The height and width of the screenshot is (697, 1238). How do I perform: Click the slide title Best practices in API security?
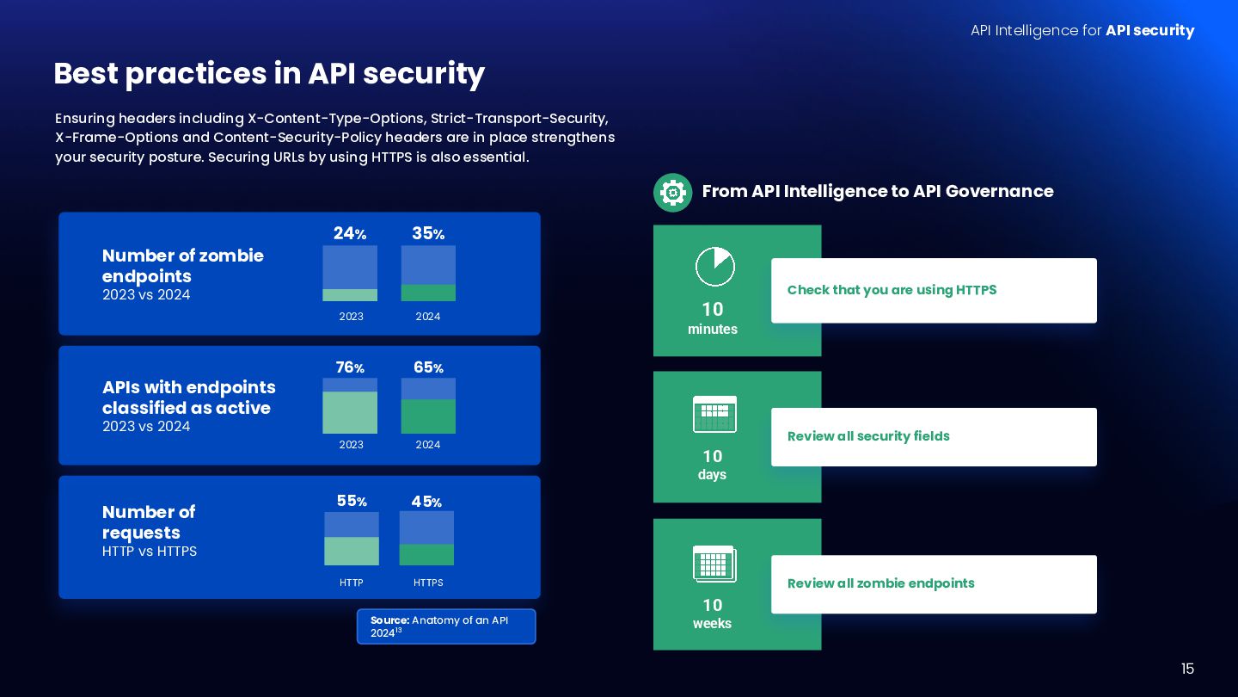click(269, 74)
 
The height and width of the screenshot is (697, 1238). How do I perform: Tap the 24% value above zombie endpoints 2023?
click(350, 233)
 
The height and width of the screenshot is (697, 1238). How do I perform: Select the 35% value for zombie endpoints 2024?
click(428, 233)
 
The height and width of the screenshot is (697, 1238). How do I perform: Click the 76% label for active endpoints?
click(350, 367)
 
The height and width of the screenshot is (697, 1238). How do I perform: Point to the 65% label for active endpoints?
click(428, 367)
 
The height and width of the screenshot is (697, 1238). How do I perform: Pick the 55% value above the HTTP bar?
click(352, 501)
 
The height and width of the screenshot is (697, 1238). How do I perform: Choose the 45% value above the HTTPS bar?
click(426, 501)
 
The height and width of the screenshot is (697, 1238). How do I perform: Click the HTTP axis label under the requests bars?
click(352, 583)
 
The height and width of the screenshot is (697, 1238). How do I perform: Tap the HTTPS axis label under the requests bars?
click(428, 583)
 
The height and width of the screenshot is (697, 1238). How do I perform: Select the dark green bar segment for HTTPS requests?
click(426, 554)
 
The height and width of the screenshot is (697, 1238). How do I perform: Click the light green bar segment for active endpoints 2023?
click(350, 412)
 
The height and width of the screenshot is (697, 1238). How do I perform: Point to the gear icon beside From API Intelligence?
click(672, 192)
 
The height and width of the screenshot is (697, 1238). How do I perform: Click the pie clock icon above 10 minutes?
click(714, 267)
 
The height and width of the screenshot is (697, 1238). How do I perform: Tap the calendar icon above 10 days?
click(714, 414)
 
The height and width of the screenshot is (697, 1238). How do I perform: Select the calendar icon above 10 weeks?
click(714, 564)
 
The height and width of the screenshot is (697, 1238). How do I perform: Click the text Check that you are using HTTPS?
click(892, 290)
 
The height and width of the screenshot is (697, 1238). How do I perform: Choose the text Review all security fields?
click(868, 436)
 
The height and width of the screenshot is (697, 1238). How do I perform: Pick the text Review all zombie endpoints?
click(880, 583)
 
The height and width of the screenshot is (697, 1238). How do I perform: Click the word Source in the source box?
click(389, 620)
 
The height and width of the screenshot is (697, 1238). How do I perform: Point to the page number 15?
click(1187, 669)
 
